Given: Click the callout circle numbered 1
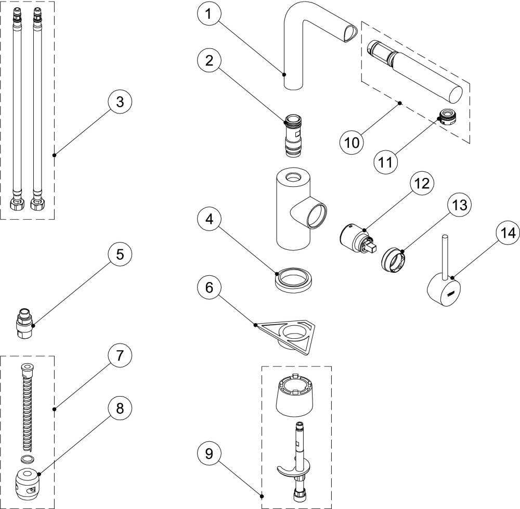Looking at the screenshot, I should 209,15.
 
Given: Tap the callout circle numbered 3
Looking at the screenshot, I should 120,102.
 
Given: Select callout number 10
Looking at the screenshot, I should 352,142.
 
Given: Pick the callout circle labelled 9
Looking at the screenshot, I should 209,454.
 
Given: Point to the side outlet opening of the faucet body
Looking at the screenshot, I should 316,215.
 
